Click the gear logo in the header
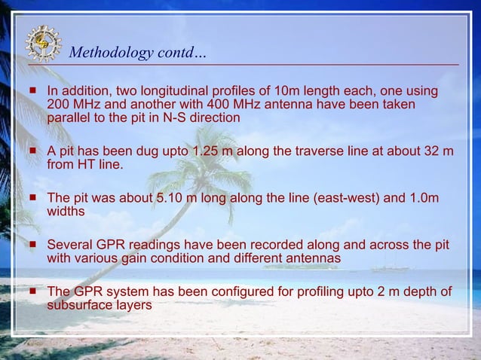(43, 42)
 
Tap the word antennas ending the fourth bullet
(314, 258)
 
